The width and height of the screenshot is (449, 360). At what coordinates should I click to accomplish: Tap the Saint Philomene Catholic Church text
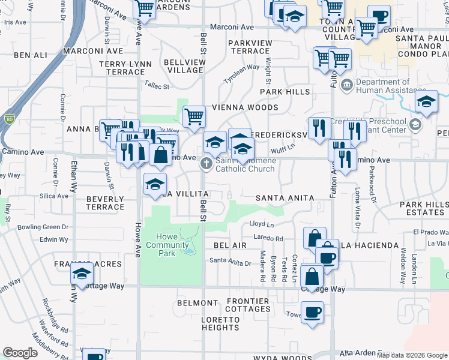click(x=246, y=164)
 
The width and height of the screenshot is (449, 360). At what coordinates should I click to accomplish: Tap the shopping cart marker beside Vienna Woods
click(x=194, y=116)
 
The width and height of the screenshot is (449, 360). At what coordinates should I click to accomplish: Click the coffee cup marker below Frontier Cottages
click(x=313, y=313)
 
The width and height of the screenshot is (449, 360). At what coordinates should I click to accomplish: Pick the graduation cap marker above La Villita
click(x=155, y=184)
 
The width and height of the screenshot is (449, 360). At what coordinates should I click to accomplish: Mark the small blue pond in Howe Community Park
click(x=189, y=248)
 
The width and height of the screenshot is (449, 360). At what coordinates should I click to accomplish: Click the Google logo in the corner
click(x=20, y=353)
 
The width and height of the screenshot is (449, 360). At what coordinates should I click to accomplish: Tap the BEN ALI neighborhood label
click(x=30, y=55)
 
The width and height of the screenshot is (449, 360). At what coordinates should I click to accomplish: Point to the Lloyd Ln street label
click(x=262, y=224)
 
